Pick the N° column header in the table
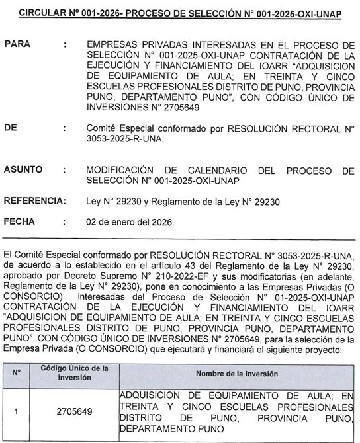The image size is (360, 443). click(x=17, y=372)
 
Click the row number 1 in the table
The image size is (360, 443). click(x=17, y=412)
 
